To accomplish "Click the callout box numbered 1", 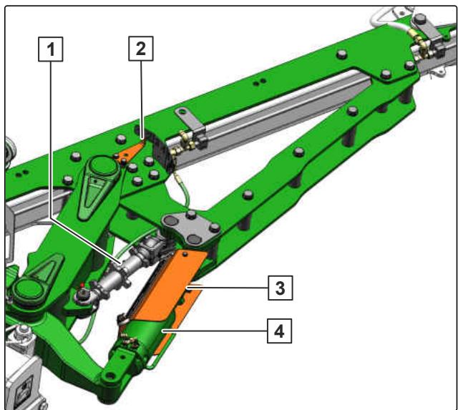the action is pyautogui.click(x=51, y=49).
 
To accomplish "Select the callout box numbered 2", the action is pyautogui.click(x=141, y=49).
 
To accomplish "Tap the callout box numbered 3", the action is pyautogui.click(x=280, y=288).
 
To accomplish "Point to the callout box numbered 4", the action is pyautogui.click(x=280, y=331).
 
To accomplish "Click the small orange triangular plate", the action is pyautogui.click(x=129, y=152).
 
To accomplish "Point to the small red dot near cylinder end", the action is pyautogui.click(x=82, y=285).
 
